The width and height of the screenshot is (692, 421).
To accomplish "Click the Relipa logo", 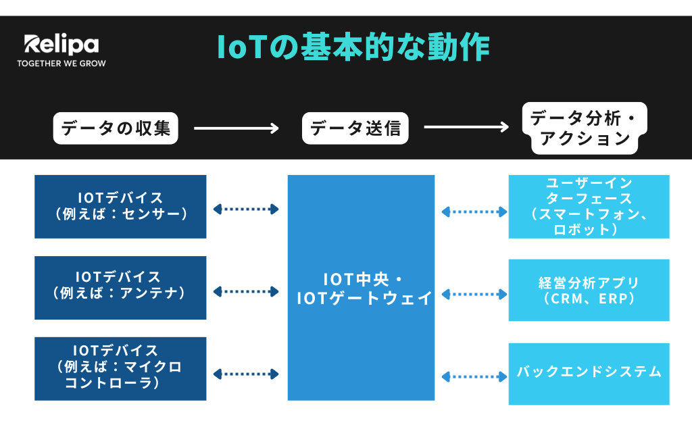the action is click(61, 44).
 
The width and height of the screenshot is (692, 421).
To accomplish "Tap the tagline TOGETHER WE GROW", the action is click(61, 64).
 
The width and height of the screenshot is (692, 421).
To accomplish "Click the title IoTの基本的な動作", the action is click(353, 47).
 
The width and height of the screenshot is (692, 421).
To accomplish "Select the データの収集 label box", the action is click(116, 128).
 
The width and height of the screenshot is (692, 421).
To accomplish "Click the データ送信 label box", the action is click(355, 128).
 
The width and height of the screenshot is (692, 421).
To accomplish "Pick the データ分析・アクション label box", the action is click(585, 128).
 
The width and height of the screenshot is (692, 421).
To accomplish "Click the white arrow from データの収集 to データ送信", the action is click(237, 128).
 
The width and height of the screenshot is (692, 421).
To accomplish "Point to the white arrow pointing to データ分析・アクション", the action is click(466, 127).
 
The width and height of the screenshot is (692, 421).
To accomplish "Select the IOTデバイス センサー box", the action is click(120, 207).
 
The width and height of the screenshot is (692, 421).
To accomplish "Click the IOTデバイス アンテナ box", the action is click(120, 288).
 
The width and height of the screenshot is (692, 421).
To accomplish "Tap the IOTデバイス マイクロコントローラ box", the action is click(120, 369).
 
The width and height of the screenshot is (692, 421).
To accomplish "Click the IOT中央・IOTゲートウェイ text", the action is click(364, 289).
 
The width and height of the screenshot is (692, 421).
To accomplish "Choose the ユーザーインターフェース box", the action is click(589, 207).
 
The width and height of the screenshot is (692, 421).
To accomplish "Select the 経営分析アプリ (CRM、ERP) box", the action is click(589, 291).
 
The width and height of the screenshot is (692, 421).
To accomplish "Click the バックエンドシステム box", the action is click(589, 374).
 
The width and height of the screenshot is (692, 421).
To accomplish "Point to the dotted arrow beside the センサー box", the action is click(246, 209).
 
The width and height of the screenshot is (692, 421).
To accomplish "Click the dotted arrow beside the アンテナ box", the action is click(246, 291).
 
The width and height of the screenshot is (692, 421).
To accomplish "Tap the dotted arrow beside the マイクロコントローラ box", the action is click(246, 374).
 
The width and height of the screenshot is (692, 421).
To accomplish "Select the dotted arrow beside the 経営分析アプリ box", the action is click(474, 295).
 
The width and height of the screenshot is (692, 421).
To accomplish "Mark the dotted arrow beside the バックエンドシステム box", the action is click(474, 377).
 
